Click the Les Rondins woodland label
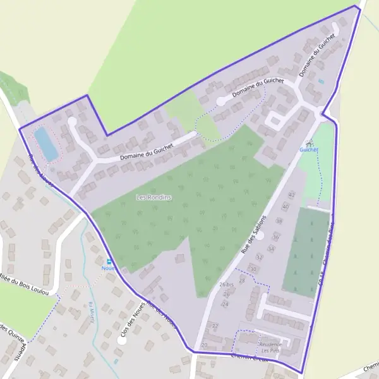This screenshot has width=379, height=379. pyautogui.click(x=154, y=197)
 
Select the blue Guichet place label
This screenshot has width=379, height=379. pyautogui.click(x=309, y=150)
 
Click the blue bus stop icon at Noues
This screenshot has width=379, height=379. pyautogui.click(x=109, y=261)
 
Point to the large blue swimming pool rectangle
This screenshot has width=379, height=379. pyautogui.click(x=45, y=144)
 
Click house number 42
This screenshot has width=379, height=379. pyautogui.click(x=291, y=196)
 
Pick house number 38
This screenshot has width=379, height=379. pyautogui.click(x=279, y=221)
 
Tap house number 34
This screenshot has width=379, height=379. pyautogui.click(x=270, y=249)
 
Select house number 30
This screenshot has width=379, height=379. pyautogui.click(x=253, y=269)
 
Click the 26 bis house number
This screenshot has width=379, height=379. pyautogui.click(x=226, y=285)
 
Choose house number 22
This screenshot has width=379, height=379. pyautogui.click(x=215, y=326)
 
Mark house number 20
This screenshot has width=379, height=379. pyautogui.click(x=204, y=345)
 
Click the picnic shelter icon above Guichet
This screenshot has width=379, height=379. pyautogui.click(x=309, y=142)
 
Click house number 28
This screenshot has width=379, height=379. pyautogui.click(x=241, y=280)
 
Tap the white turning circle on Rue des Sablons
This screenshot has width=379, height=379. pyautogui.click(x=260, y=236)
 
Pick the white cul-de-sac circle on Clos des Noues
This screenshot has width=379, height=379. pyautogui.click(x=121, y=340)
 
